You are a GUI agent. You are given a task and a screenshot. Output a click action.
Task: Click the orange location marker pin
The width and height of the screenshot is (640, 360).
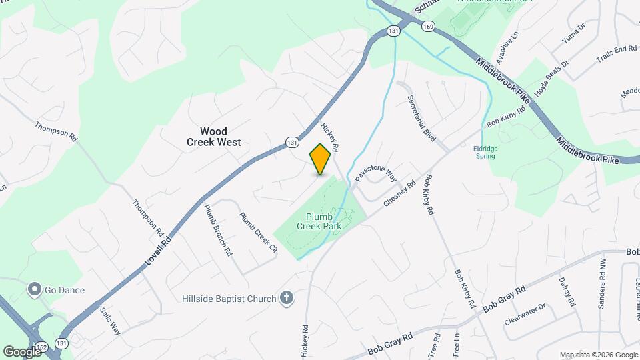[321, 159]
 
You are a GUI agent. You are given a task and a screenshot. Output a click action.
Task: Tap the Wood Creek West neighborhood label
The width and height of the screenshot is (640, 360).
[213, 137]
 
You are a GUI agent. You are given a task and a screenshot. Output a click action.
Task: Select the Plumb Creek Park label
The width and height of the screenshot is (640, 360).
[324, 221]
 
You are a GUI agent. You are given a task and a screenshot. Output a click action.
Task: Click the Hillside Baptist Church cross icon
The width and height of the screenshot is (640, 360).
[287, 298]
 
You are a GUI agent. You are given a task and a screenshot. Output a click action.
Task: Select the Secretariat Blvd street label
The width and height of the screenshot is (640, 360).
[421, 117]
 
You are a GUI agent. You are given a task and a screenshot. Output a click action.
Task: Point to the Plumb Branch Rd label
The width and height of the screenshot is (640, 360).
[218, 230]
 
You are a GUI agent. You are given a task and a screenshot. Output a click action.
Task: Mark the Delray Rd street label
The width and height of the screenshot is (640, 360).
[567, 291]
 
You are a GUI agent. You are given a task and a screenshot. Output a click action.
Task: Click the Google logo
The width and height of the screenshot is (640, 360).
[22, 351]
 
